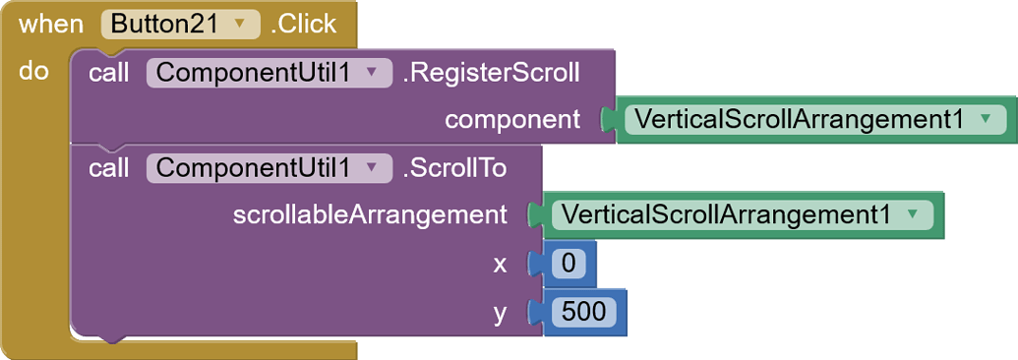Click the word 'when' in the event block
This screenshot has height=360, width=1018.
[51, 25]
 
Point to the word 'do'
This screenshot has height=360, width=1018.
[33, 72]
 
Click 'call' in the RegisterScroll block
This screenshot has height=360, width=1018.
[108, 73]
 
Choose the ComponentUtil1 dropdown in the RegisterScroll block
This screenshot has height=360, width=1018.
[263, 73]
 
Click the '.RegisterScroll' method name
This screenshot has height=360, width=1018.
[491, 73]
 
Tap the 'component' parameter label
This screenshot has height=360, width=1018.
[512, 120]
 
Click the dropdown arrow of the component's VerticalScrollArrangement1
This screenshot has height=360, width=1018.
[985, 120]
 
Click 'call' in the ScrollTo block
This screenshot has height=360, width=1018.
[108, 168]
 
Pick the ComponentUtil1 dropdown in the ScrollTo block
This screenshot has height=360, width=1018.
[263, 168]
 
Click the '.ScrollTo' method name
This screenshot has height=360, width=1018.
[454, 168]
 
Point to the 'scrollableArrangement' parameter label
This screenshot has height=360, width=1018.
[370, 214]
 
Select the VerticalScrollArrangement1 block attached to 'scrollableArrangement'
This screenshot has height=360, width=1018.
[729, 214]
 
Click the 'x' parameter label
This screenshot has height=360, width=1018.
[501, 263]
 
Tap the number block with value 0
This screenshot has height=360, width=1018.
[568, 264]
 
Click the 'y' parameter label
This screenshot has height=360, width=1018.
[501, 312]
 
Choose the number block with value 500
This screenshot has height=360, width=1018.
[583, 312]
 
